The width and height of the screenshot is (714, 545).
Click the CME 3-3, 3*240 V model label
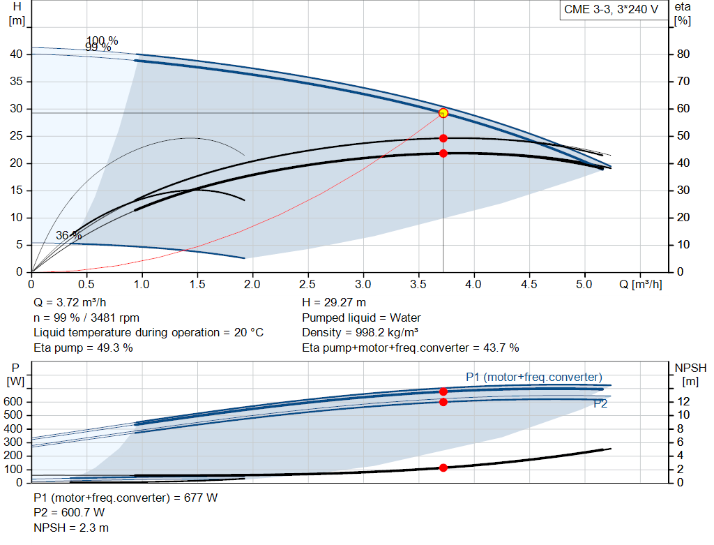(x=611, y=10)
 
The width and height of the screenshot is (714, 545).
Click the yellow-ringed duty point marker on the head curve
(x=443, y=113)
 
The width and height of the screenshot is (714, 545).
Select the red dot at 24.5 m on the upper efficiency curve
(x=443, y=138)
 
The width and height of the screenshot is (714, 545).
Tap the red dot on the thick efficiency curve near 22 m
(x=443, y=154)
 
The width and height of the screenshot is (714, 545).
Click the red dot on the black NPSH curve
(x=443, y=468)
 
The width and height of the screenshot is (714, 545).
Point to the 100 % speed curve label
(x=102, y=40)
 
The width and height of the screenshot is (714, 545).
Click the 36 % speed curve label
(x=68, y=236)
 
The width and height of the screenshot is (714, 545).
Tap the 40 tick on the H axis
(x=17, y=54)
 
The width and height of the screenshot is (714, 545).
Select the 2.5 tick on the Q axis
(x=307, y=285)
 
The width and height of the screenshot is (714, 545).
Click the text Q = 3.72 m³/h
(x=70, y=303)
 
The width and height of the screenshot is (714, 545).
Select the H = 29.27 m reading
(x=334, y=303)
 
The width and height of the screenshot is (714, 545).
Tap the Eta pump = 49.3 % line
(x=83, y=348)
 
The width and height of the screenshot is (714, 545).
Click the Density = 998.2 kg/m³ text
(x=360, y=333)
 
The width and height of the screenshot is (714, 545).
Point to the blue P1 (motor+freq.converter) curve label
(x=534, y=378)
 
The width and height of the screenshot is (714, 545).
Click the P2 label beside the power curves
(x=600, y=404)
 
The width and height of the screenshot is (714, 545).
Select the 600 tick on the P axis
(x=16, y=402)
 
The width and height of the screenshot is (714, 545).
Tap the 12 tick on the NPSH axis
(x=683, y=402)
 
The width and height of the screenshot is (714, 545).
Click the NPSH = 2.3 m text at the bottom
(x=71, y=528)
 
